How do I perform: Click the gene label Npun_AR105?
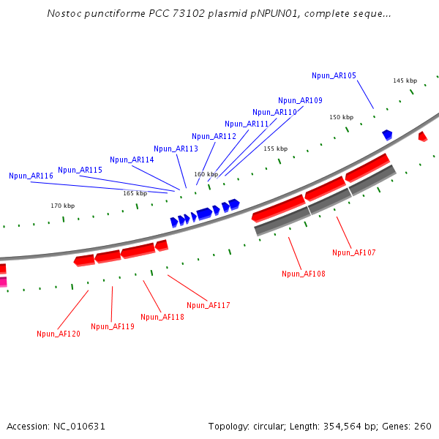pyautogui.click(x=334, y=75)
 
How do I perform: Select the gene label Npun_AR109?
pyautogui.click(x=300, y=100)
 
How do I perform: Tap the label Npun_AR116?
pyautogui.click(x=31, y=176)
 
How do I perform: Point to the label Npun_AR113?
pyautogui.click(x=176, y=149)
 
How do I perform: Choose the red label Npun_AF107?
pyautogui.click(x=354, y=252)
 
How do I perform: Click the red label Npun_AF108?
pyautogui.click(x=304, y=274)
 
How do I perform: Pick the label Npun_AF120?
pyautogui.click(x=59, y=334)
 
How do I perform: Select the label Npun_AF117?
pyautogui.click(x=209, y=305)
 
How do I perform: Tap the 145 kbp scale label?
pyautogui.click(x=405, y=80)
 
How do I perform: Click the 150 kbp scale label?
pyautogui.click(x=341, y=117)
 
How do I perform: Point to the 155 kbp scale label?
pyautogui.click(x=276, y=149)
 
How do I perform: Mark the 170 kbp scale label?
pyautogui.click(x=62, y=206)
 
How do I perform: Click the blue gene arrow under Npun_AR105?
pyautogui.click(x=387, y=135)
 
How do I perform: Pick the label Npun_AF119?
pyautogui.click(x=113, y=326)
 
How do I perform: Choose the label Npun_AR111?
pyautogui.click(x=247, y=124)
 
